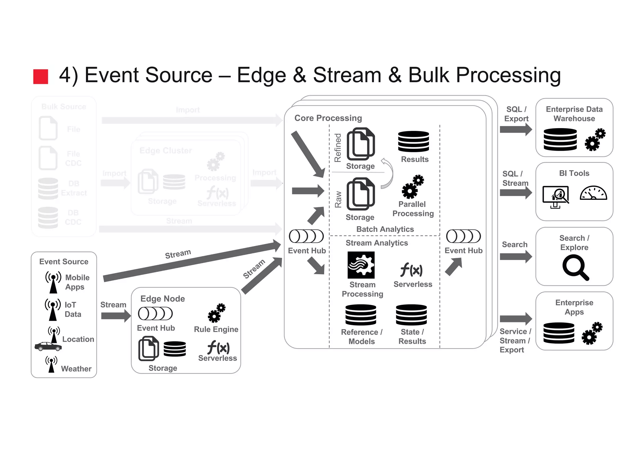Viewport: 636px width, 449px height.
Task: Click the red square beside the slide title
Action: tap(41, 76)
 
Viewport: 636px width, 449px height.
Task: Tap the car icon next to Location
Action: tap(48, 346)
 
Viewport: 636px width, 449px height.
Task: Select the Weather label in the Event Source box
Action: tap(76, 369)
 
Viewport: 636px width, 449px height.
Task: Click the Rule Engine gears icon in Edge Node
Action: tap(216, 313)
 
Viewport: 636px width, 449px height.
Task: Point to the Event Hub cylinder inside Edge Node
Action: tap(155, 314)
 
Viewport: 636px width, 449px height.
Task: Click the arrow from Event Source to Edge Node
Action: tap(116, 316)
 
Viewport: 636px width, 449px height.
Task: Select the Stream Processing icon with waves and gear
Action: tap(361, 265)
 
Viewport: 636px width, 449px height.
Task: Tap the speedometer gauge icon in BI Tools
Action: tap(593, 193)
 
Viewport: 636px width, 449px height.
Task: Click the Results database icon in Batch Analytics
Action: tap(413, 141)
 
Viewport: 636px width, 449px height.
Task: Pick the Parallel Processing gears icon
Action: tap(413, 186)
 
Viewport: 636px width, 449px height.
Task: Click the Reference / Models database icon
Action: tap(361, 315)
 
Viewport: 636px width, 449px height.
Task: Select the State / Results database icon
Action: tap(411, 315)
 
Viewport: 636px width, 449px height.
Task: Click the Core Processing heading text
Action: tap(328, 118)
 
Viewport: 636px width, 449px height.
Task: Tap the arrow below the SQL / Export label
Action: tap(516, 129)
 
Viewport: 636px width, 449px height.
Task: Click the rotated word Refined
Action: tap(338, 148)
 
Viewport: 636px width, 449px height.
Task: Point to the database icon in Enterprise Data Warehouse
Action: tap(560, 140)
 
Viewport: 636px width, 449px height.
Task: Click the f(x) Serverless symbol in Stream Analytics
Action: tap(411, 269)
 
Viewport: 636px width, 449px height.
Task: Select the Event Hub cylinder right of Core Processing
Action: tap(463, 236)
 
